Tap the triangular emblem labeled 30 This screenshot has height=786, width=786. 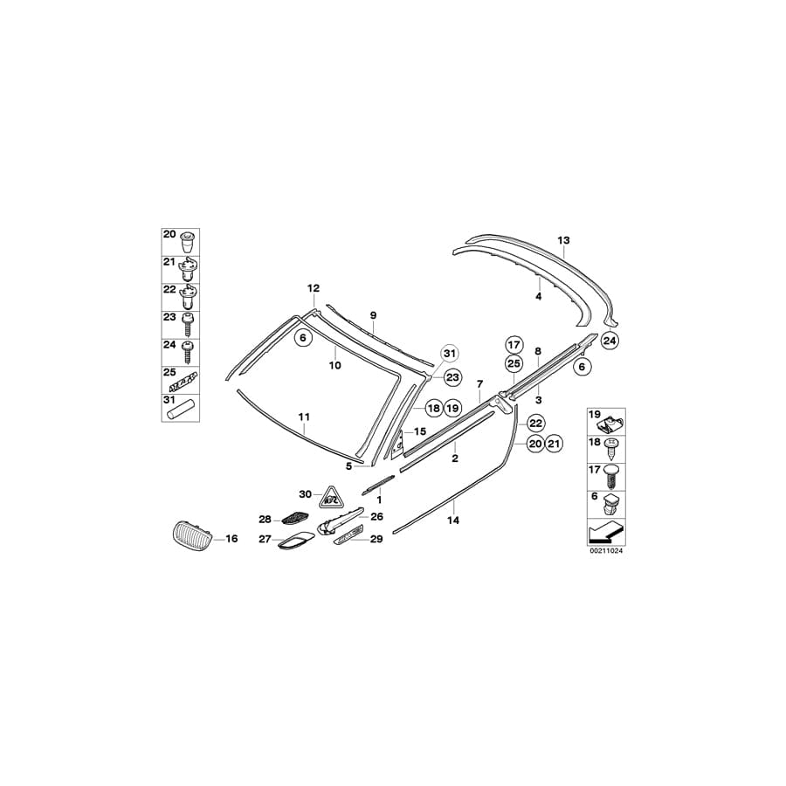pos(330,497)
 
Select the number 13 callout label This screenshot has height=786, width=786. pos(563,239)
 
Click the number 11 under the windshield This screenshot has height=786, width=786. pos(303,417)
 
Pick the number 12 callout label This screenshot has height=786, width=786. pos(314,288)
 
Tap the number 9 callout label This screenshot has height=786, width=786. pos(372,314)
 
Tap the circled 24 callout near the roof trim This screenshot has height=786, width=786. pos(609,341)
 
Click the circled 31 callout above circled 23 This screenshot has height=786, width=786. pos(449,353)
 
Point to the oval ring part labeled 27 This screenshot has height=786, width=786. pos(292,545)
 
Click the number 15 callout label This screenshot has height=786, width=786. pos(419,431)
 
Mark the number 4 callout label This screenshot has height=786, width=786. pos(539,297)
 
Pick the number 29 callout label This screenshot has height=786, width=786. pos(376,540)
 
